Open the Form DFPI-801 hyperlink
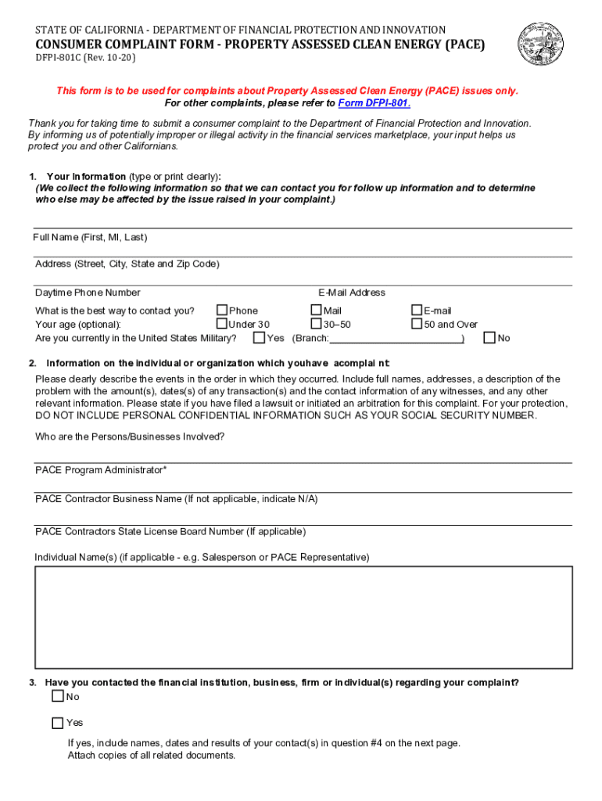point(374,103)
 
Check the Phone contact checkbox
point(222,311)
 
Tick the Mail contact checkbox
point(316,311)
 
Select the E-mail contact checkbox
point(417,311)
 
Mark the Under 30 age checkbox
point(222,324)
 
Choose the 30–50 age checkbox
point(316,324)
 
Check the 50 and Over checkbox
point(417,324)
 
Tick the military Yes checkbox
point(259,338)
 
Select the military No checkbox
point(489,338)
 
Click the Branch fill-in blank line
point(395,339)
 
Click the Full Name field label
point(90,237)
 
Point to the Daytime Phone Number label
point(88,293)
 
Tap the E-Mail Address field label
point(351,293)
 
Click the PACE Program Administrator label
point(100,470)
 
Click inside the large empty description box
point(303,616)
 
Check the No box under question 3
point(57,696)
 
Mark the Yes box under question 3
point(57,723)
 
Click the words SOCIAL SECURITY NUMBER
point(468,415)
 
